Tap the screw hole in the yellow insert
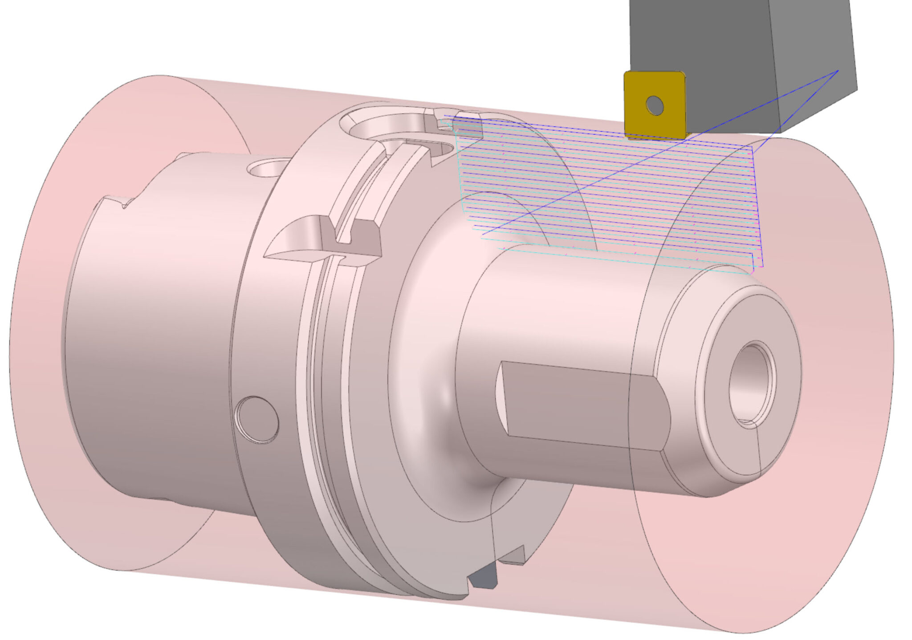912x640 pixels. coord(655,105)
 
